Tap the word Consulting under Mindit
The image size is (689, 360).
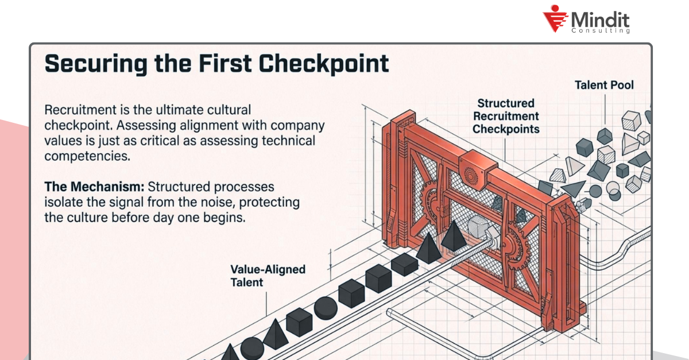[x=601, y=30]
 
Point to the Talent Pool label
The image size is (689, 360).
[x=604, y=86]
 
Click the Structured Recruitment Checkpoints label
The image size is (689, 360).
[x=506, y=116]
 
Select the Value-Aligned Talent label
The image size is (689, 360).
[x=268, y=275]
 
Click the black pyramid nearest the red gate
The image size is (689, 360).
[x=454, y=235]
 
